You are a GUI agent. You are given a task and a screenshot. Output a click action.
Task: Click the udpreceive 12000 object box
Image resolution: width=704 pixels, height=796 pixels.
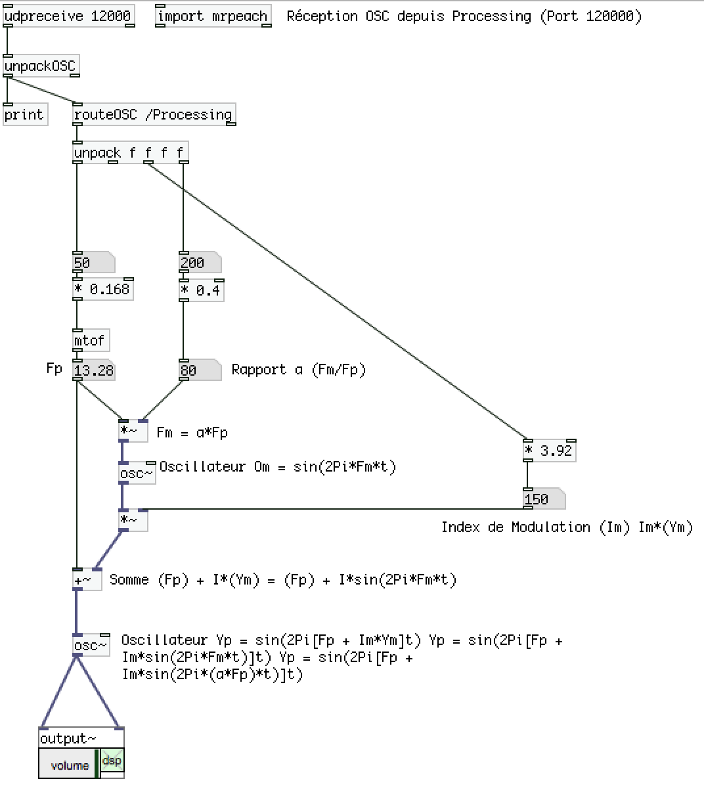tap(68, 16)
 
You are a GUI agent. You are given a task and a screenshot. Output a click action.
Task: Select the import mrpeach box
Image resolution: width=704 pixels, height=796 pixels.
tap(213, 16)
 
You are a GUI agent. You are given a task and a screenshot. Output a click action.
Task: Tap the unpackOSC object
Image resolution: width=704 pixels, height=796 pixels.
tap(41, 66)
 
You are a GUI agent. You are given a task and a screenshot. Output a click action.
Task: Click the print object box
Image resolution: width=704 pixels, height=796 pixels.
tap(24, 115)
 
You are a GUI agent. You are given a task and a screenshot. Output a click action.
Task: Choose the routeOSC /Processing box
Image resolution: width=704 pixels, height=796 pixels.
tap(154, 115)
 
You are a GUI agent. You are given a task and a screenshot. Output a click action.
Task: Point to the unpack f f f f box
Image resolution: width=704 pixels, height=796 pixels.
tap(129, 153)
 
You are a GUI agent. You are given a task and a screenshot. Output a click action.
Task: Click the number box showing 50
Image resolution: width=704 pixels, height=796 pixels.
tap(92, 263)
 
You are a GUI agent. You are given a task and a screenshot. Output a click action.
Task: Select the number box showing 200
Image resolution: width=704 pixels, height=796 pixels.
tap(199, 263)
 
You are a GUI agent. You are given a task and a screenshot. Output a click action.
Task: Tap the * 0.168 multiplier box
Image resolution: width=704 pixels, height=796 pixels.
tap(102, 290)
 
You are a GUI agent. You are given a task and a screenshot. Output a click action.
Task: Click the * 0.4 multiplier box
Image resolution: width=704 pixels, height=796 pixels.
tap(201, 290)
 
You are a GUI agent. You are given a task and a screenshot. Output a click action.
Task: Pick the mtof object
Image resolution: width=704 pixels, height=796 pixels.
tap(90, 341)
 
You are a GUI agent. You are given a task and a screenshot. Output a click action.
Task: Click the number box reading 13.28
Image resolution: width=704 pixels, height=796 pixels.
tap(94, 371)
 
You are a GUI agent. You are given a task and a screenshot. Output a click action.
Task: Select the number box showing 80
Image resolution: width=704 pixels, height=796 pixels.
tap(199, 370)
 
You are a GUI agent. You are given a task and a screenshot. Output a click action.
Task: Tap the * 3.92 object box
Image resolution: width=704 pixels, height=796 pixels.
tap(549, 451)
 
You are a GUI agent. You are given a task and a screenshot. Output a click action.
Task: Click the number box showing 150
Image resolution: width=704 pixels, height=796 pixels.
tap(543, 499)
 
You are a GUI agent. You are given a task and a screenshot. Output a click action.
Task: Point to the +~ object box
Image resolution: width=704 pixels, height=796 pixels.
tap(87, 581)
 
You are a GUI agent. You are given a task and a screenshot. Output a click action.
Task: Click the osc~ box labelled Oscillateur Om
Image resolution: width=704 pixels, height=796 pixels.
tap(137, 474)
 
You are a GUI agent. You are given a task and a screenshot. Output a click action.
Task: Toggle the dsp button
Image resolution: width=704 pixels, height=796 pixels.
tap(112, 761)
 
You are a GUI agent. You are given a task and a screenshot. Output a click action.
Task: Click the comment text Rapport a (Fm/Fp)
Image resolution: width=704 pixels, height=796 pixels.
tap(299, 370)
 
